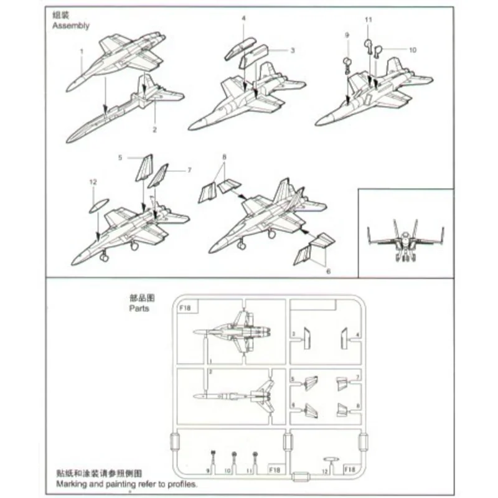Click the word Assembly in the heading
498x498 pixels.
coord(70,26)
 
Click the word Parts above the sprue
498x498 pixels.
coord(139,308)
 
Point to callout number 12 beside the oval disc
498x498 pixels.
coord(93,182)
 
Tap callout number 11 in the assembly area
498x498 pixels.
coord(367,21)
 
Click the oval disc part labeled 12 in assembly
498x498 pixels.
coord(97,206)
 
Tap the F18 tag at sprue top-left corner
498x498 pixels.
coord(186,308)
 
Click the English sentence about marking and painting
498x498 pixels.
coord(127,484)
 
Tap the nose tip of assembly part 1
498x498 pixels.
coord(68,88)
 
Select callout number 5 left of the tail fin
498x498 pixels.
coord(120,158)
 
